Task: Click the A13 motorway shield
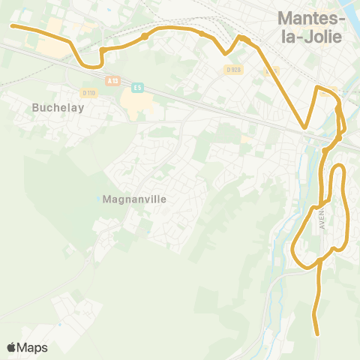point(112,80)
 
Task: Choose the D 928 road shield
point(233,69)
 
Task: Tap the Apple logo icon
point(12,347)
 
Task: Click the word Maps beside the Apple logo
point(33,347)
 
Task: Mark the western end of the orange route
point(12,25)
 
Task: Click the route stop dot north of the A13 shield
point(145,36)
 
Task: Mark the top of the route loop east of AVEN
point(337,165)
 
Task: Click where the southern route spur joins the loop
point(319,260)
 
